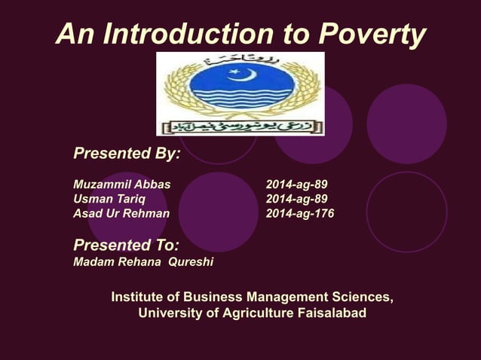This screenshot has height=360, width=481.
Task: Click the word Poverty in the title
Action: coord(372,34)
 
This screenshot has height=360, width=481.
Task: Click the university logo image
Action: coord(240,94)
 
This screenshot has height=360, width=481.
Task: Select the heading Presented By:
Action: coord(127,154)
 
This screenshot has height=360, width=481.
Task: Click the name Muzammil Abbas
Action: coord(121,185)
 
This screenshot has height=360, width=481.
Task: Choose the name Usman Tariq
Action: coord(109,199)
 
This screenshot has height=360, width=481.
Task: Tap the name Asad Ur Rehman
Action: coord(121,213)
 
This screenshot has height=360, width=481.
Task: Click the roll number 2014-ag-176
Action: coord(300,213)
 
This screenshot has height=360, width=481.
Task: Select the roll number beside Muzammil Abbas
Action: coord(296,185)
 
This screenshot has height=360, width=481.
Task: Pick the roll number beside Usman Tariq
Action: coord(296,199)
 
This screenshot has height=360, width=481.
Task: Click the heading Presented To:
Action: coord(126,246)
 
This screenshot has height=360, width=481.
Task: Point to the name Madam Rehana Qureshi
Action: coord(143,262)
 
